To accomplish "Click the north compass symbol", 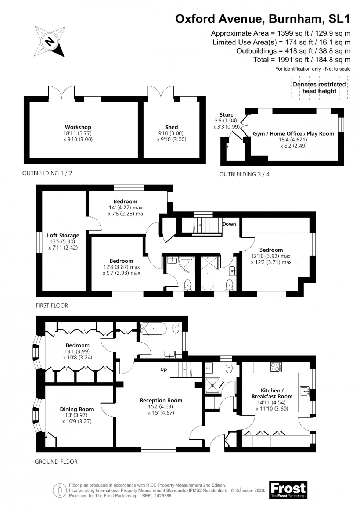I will tap(49, 41).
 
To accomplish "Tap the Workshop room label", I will tap(78, 128).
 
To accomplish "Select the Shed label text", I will tap(172, 128).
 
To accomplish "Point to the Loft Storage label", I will tap(63, 236).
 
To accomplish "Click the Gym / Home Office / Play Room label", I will tap(294, 134).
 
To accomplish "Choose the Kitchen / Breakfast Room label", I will tap(272, 393).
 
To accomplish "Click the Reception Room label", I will tap(161, 400).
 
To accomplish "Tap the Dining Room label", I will tap(77, 409).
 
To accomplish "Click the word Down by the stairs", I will tap(229, 224).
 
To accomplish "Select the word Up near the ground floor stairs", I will tap(164, 369).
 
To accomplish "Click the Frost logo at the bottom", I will tap(288, 490).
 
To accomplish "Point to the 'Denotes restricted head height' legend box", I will tap(319, 88).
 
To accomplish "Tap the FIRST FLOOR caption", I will tap(52, 305).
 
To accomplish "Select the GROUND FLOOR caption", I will tap(56, 462).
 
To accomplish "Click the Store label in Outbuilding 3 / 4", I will tap(226, 115).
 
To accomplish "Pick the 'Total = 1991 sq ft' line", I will tap(302, 60).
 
